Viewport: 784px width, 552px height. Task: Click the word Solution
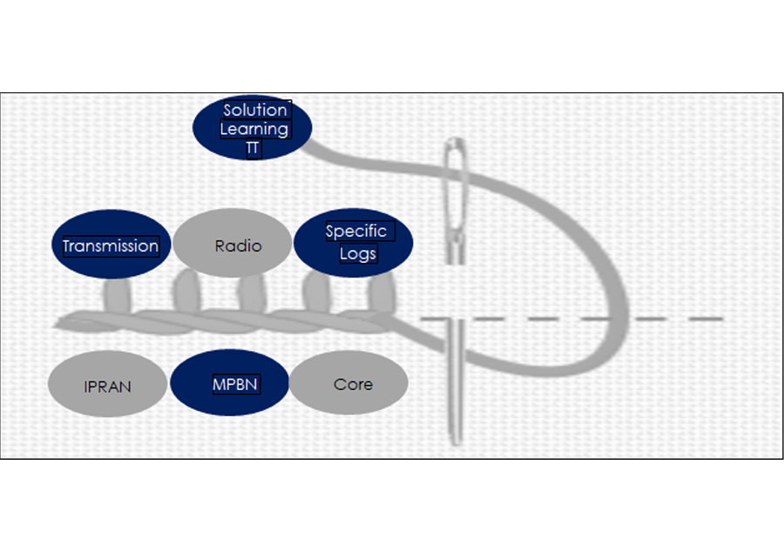(255, 111)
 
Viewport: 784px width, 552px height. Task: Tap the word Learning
(253, 129)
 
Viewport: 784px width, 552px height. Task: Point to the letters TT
(253, 148)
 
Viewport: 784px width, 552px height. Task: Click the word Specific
(355, 232)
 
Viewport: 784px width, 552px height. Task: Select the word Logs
(358, 253)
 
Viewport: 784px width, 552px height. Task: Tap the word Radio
(238, 246)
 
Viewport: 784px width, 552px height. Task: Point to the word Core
(353, 384)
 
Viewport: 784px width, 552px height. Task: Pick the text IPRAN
(108, 386)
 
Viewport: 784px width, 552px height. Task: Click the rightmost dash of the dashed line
(706, 319)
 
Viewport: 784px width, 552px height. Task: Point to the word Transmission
(111, 246)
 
